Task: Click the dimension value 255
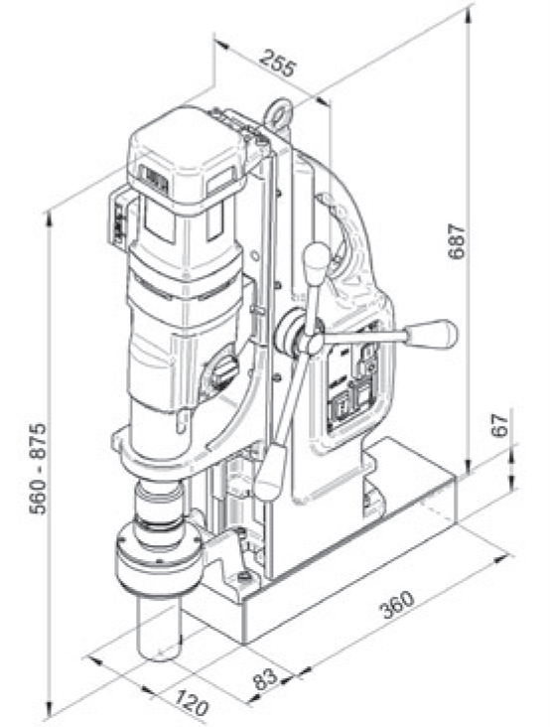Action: (x=277, y=63)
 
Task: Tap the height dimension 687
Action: (x=457, y=241)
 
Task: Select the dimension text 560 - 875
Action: (x=38, y=469)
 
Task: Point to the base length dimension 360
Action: (x=398, y=604)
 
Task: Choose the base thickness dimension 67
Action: (x=500, y=425)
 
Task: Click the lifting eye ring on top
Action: (x=278, y=113)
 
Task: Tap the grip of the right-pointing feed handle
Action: (x=432, y=334)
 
